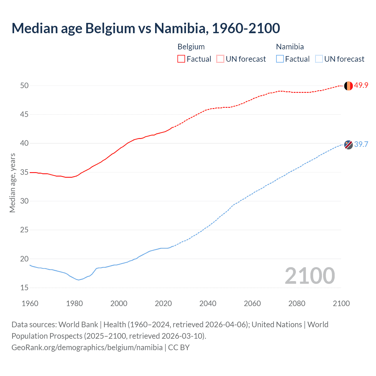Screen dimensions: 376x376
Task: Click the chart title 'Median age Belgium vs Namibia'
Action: [146, 28]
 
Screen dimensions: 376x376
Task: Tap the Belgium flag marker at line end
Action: [348, 86]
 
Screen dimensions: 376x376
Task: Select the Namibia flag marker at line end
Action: [348, 145]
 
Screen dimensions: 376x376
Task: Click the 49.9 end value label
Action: [361, 85]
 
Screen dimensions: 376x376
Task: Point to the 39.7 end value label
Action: [361, 145]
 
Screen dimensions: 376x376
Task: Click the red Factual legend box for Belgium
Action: [181, 59]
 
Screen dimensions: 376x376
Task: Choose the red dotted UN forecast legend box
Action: [220, 59]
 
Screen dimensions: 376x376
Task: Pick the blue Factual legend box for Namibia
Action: [280, 59]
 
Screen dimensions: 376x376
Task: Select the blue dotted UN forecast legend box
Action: [319, 59]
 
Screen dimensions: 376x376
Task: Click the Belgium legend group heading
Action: [191, 47]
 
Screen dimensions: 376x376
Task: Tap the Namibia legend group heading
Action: [290, 47]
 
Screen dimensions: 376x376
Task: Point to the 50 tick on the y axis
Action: [24, 85]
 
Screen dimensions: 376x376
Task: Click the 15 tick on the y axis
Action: [24, 288]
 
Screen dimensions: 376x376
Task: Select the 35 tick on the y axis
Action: [24, 172]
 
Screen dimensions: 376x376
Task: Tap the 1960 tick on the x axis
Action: [30, 303]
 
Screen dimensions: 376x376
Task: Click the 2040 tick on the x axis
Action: [208, 303]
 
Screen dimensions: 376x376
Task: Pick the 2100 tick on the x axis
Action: [341, 303]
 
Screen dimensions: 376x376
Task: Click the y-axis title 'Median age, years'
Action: [12, 183]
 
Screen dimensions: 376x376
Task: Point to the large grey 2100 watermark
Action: [310, 276]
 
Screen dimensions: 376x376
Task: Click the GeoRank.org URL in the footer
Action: [87, 348]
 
